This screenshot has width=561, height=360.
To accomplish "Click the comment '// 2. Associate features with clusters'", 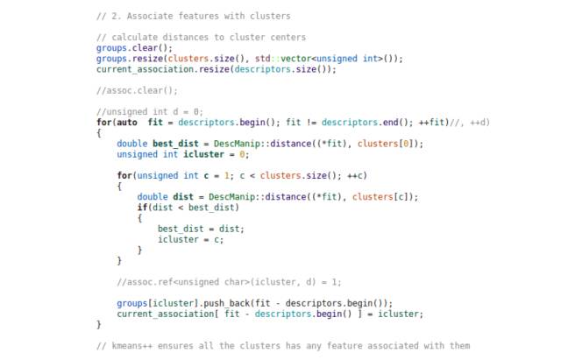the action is coord(193,16).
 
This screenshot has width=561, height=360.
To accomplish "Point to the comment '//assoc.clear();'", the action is coord(137,90).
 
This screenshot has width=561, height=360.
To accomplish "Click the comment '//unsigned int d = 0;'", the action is coord(150,111).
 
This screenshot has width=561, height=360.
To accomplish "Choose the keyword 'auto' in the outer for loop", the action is coord(128,122).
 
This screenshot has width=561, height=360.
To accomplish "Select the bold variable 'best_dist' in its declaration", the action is coord(175,144).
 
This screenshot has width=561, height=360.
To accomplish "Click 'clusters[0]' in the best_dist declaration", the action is coord(391,144).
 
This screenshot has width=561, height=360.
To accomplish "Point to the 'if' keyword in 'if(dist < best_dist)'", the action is coord(142,207).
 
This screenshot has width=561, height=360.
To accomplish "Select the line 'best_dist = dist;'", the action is coord(201,229).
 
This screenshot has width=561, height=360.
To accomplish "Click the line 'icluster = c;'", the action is coord(190,239).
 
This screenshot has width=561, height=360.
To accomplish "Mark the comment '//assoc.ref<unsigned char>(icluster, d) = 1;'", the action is coord(229,281).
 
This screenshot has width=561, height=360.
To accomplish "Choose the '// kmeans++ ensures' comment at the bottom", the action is coord(284,345).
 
